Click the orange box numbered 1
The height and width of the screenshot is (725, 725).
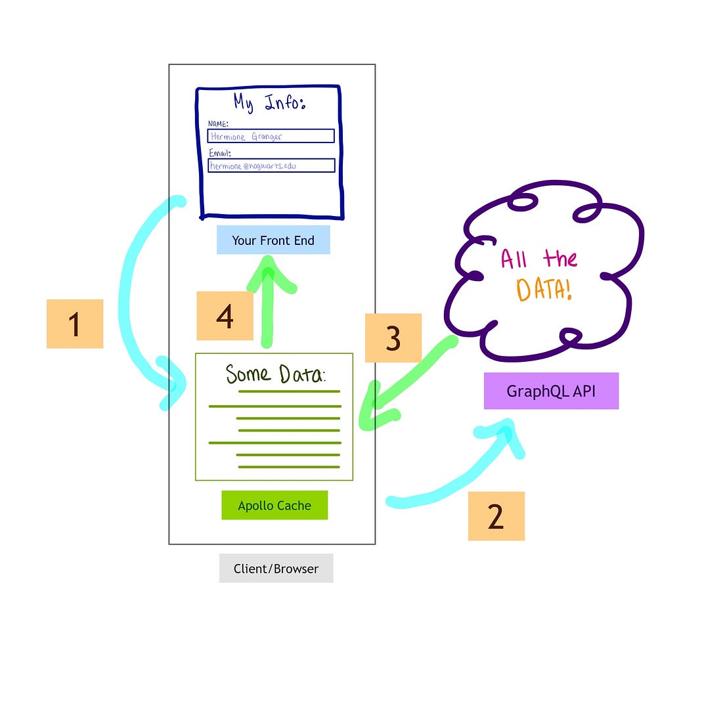pos(75,324)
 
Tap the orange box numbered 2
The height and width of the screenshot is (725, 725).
pos(496,516)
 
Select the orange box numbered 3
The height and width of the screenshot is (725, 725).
pos(393,338)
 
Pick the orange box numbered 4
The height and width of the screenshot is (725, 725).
pos(225,316)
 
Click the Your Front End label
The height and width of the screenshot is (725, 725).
pos(273,240)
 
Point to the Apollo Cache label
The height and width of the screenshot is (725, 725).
pos(275,506)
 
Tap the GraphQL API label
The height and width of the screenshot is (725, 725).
pos(551,391)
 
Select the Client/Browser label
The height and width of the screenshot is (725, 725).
pos(276,569)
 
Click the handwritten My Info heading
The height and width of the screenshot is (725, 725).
pos(269,102)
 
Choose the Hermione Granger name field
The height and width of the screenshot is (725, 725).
pos(271,136)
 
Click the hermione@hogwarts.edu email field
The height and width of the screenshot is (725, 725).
pos(271,165)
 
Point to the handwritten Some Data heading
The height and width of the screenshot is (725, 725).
pos(275,374)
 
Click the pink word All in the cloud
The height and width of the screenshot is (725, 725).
pos(514,259)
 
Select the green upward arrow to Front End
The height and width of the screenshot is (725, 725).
pos(267,302)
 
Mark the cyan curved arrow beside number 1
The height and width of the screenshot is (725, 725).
pos(131,296)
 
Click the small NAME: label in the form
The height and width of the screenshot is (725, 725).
pos(217,123)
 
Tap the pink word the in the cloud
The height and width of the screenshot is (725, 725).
pos(560,258)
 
